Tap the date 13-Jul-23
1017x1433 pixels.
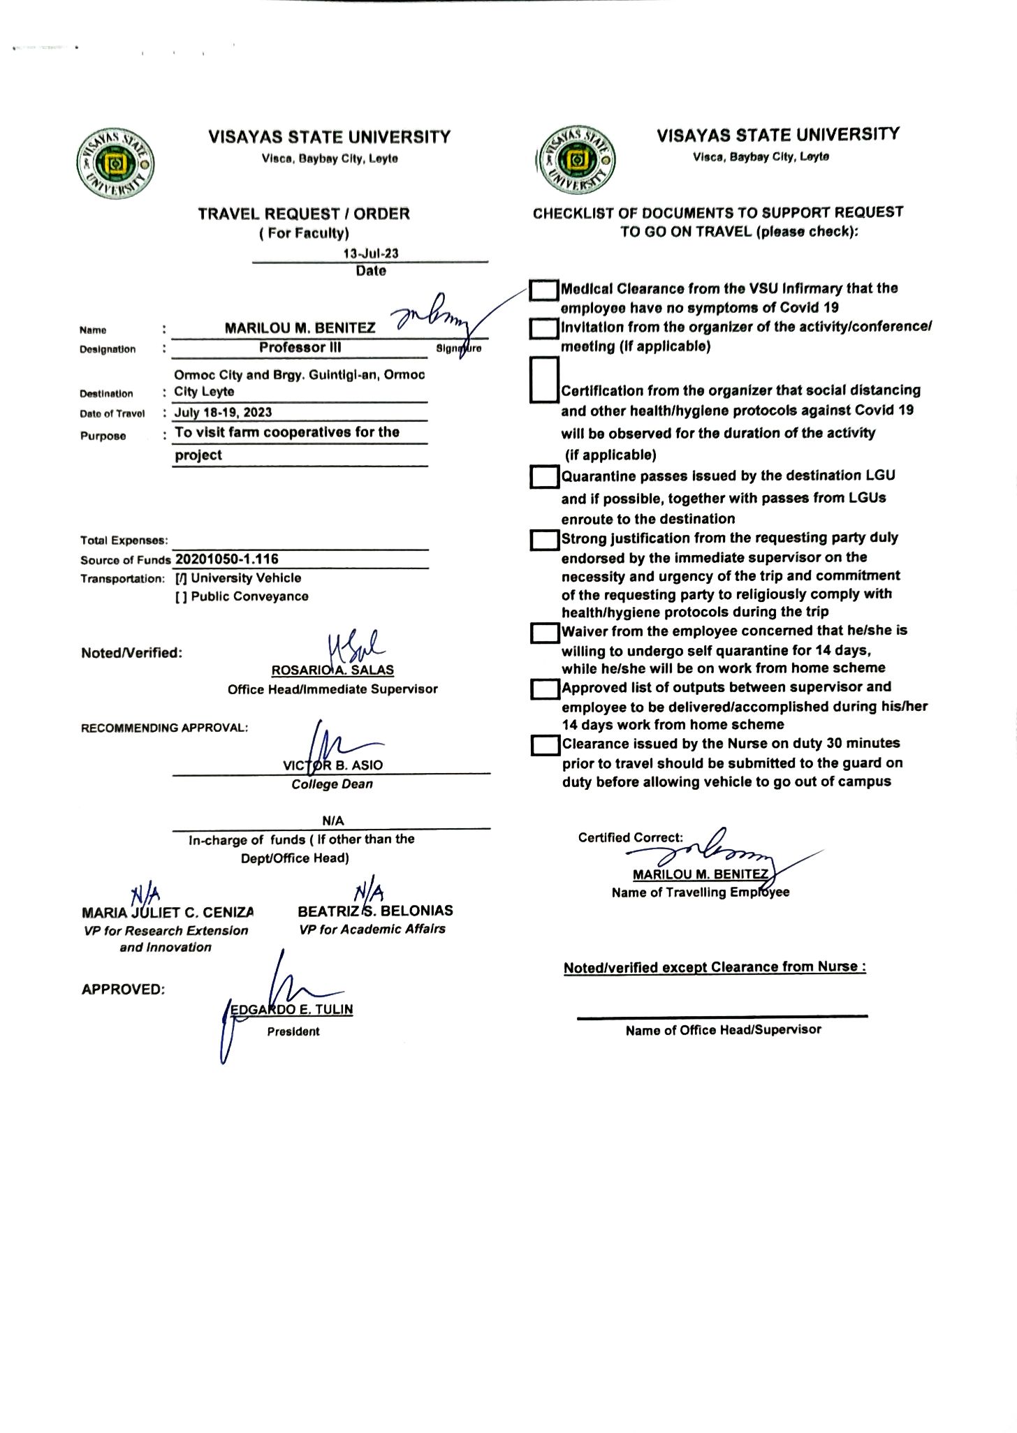tap(370, 253)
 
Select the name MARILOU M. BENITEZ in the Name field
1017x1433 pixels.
tap(300, 328)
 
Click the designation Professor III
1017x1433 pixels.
tap(300, 347)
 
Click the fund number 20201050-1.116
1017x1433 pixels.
tap(227, 559)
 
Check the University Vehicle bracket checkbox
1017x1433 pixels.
tap(181, 578)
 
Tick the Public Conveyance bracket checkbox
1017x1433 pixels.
tap(181, 596)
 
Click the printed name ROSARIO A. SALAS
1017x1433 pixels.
tap(332, 670)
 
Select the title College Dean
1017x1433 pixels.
tap(332, 784)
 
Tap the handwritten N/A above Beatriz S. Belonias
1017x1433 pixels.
tap(368, 892)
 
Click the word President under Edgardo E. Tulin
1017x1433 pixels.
tap(293, 1031)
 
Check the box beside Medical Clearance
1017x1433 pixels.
tap(543, 290)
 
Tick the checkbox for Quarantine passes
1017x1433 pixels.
tap(544, 477)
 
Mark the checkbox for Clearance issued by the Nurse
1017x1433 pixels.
tap(545, 745)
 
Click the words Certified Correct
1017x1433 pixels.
tap(630, 837)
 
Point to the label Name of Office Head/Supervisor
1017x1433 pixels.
tap(723, 1029)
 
